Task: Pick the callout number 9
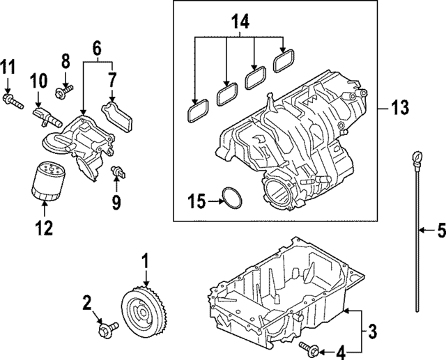coord(116,203)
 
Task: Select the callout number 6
coord(97,48)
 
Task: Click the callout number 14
coord(239,22)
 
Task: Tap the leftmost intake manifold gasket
coord(198,109)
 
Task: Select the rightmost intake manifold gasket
coord(282,62)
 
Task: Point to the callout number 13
coord(399,108)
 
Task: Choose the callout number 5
coord(440,230)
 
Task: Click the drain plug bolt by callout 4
coord(308,346)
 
